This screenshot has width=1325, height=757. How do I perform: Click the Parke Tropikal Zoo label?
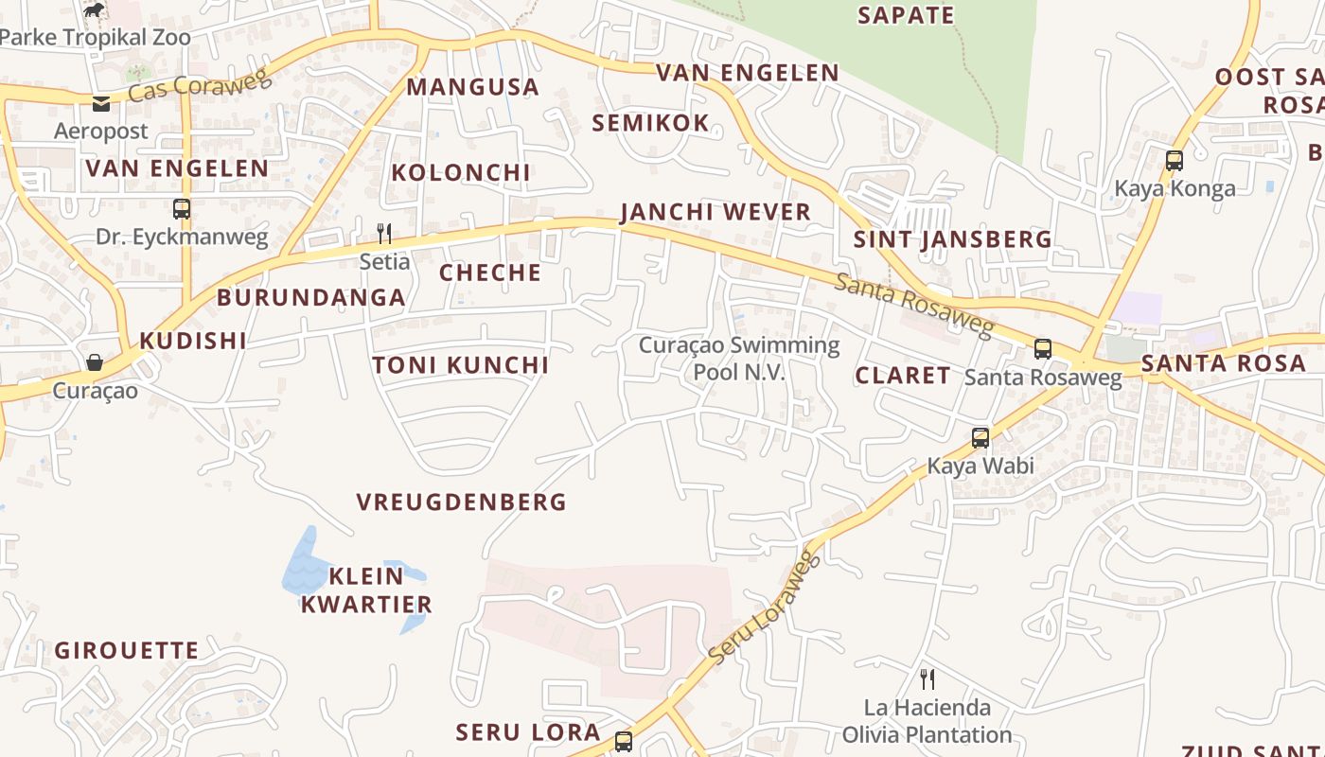click(96, 38)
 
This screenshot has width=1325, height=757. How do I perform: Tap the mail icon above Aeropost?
click(101, 103)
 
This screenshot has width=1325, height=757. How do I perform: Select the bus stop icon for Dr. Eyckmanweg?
click(182, 208)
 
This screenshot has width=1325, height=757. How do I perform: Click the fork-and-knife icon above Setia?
click(384, 233)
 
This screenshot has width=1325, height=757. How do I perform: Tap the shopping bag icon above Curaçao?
click(95, 361)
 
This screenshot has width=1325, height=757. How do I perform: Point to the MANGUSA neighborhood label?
click(472, 87)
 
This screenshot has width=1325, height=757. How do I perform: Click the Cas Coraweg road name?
click(199, 84)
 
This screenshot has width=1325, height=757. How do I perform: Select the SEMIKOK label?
click(650, 122)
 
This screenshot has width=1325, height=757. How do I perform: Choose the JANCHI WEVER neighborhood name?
click(715, 212)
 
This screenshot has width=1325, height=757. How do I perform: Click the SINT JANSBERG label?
click(952, 239)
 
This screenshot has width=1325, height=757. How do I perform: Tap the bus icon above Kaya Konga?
click(1175, 160)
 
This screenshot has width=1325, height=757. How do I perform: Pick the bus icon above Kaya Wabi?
click(980, 438)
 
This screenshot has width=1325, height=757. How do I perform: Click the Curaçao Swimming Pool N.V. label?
click(739, 359)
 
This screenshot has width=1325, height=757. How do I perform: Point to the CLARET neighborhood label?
click(903, 376)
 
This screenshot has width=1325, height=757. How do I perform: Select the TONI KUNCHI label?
click(460, 365)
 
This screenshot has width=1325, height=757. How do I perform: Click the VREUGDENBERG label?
click(461, 502)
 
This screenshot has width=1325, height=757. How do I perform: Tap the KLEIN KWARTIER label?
click(366, 590)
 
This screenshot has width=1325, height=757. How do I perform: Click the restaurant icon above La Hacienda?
click(927, 678)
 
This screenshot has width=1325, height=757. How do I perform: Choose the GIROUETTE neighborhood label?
click(127, 651)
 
